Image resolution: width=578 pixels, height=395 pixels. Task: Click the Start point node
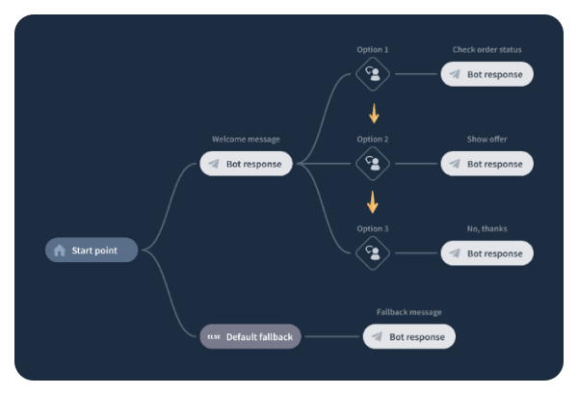tap(92, 250)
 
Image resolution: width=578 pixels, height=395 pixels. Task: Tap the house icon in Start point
tap(60, 250)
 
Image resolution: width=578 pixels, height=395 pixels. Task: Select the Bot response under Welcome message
tap(246, 164)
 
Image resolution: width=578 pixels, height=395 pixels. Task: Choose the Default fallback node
tap(250, 337)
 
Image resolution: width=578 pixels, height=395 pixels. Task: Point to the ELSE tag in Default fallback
tap(214, 337)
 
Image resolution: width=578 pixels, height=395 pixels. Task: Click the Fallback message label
tap(408, 312)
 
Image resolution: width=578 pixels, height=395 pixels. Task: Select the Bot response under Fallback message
tap(408, 337)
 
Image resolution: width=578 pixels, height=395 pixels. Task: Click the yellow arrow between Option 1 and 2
tap(373, 113)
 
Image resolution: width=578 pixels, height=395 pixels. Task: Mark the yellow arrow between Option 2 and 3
tap(373, 202)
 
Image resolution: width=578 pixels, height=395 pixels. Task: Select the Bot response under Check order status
tap(486, 74)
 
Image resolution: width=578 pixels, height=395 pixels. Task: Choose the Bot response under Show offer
tap(486, 164)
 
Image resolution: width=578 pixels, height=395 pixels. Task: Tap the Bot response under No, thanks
tap(486, 253)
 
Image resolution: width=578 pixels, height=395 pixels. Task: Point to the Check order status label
tap(487, 49)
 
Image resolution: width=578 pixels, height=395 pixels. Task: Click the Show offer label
tap(487, 139)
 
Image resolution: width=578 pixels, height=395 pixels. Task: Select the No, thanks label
tap(487, 228)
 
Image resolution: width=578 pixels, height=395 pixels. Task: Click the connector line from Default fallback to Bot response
tap(332, 337)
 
